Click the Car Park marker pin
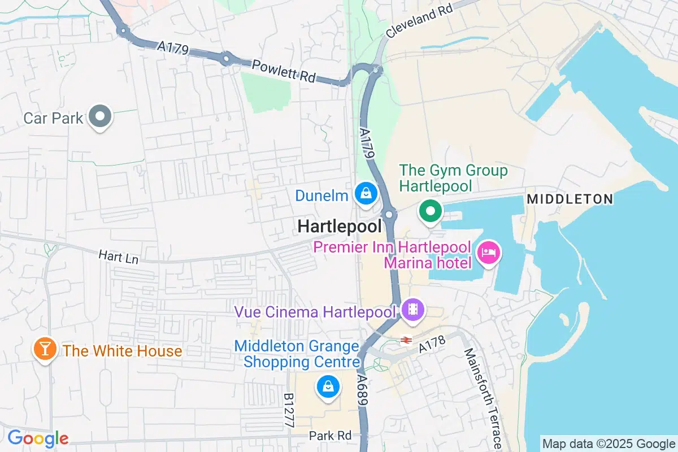[x=101, y=117]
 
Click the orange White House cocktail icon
[x=44, y=350]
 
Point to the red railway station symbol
[x=405, y=340]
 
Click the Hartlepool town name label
[x=339, y=227]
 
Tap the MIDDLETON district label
[x=570, y=199]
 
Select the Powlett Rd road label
[x=284, y=71]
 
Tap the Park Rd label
[x=330, y=436]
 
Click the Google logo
[x=38, y=438]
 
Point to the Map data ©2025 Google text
[x=609, y=444]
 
